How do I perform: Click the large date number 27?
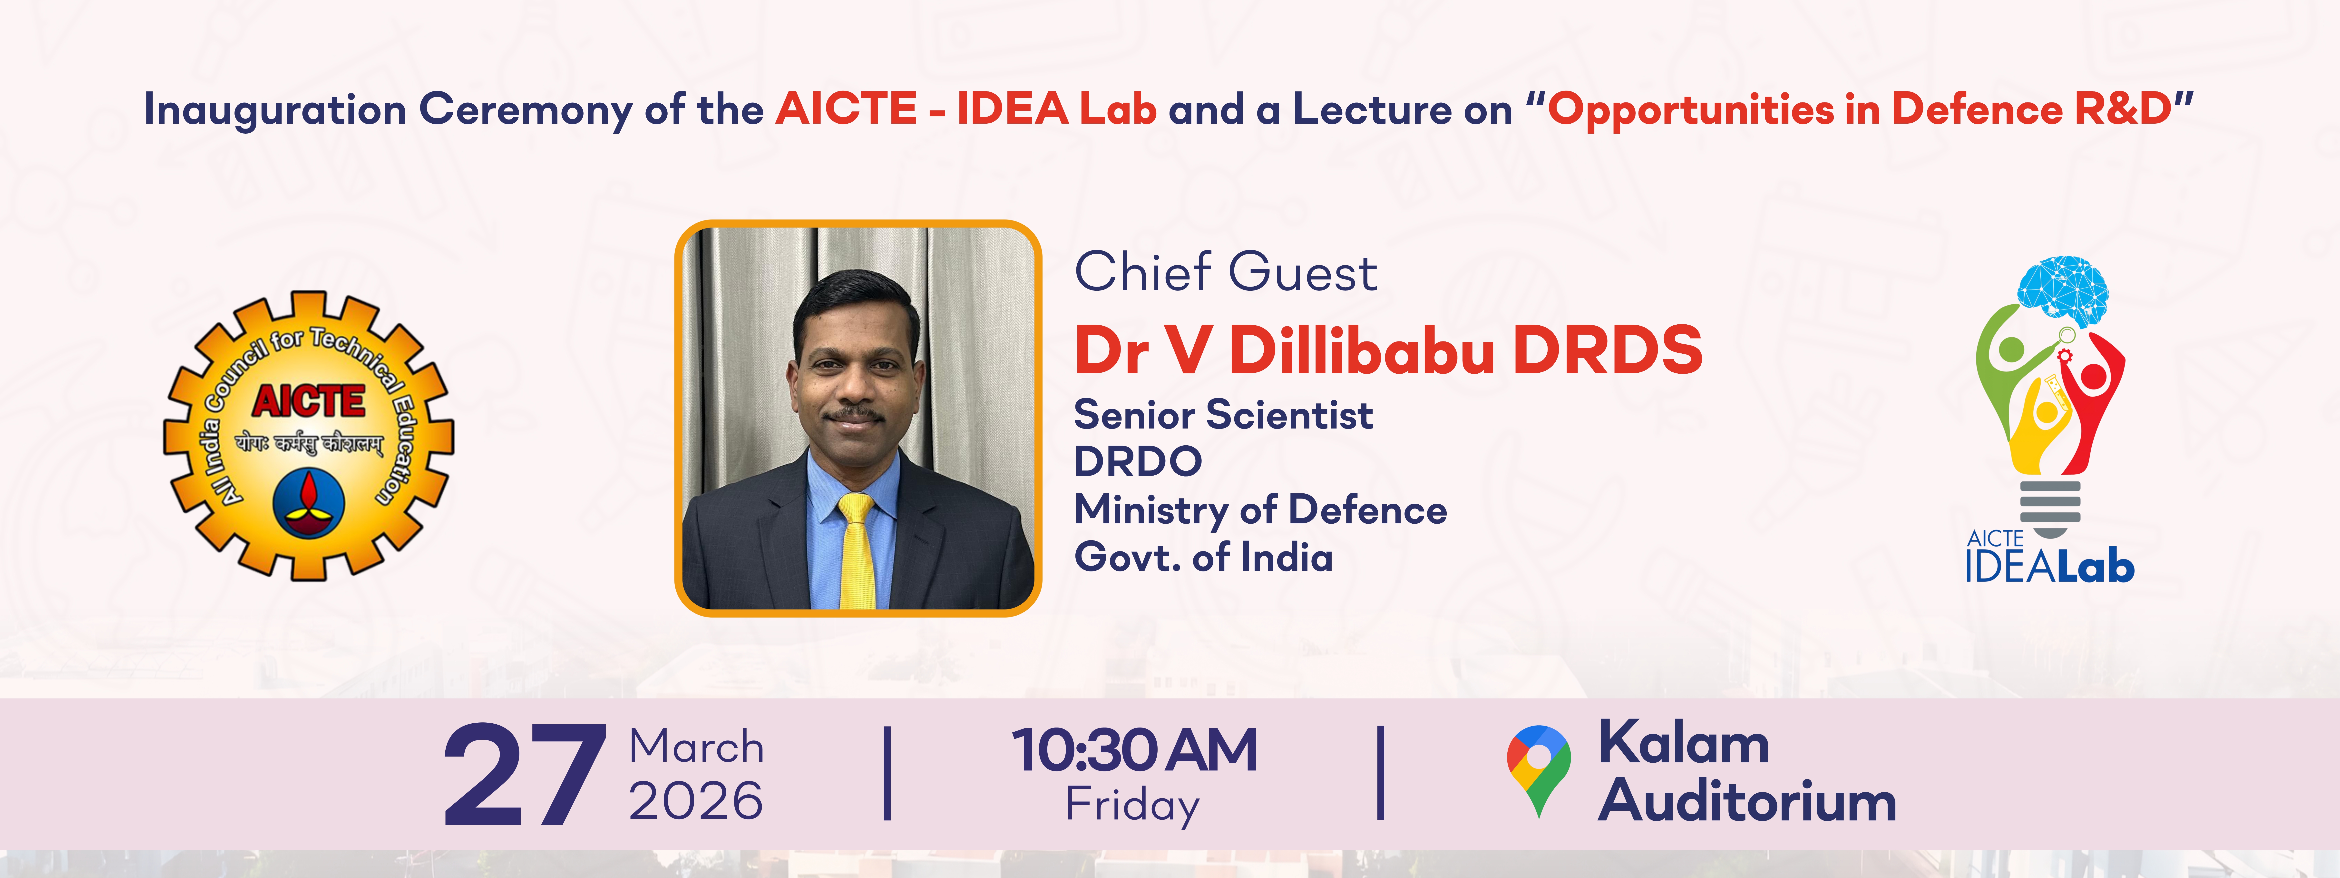(525, 775)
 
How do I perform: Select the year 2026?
(696, 801)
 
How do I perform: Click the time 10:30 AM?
(1135, 751)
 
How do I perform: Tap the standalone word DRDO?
(1138, 462)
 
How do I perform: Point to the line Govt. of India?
(1204, 557)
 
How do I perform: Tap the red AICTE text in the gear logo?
(309, 401)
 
